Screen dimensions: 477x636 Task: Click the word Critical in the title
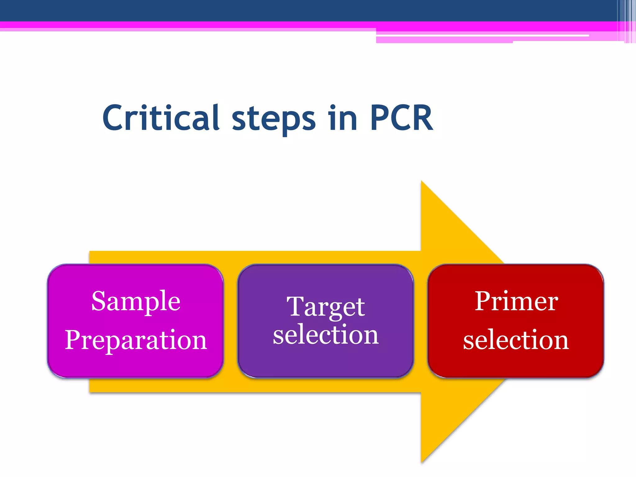point(161,118)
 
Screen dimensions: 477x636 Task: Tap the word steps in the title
point(274,120)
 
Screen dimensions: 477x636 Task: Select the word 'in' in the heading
point(343,118)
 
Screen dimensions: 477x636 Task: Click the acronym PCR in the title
point(402,118)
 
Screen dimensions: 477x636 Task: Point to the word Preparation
point(136,340)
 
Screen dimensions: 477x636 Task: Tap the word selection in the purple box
point(325,334)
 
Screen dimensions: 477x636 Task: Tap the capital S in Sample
point(99,301)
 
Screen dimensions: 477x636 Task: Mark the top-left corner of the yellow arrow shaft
point(90,252)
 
